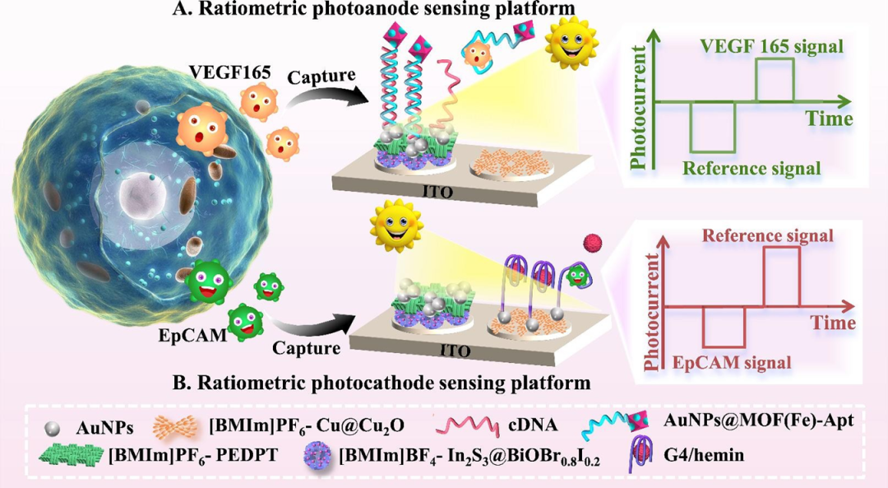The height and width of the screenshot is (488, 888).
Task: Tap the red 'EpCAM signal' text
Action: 732,361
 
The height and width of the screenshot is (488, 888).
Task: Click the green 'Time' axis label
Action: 828,120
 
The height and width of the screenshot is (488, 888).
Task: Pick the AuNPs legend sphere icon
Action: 53,428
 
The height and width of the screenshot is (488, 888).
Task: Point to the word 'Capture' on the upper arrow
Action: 321,76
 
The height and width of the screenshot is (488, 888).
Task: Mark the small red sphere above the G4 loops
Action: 588,241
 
